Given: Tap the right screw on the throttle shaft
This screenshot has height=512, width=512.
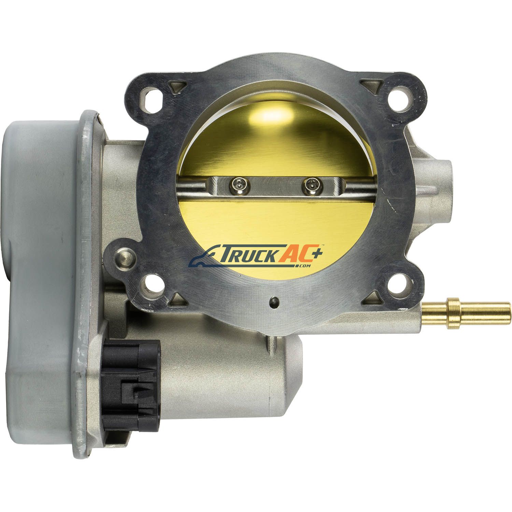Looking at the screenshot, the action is [x=310, y=186].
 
